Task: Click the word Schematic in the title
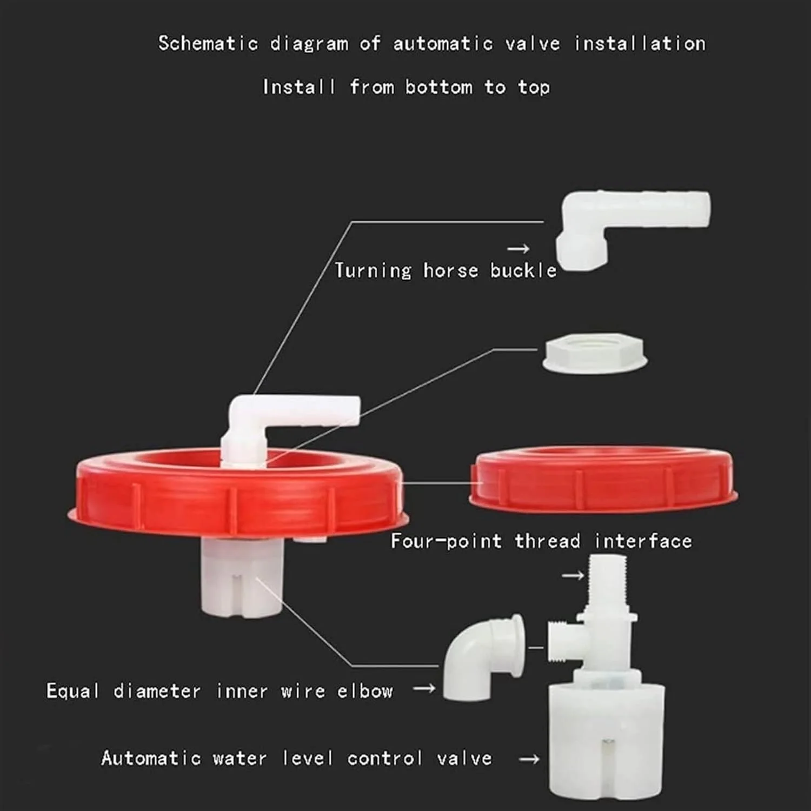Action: (x=208, y=43)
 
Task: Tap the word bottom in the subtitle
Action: (x=439, y=87)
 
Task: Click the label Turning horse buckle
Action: (x=446, y=270)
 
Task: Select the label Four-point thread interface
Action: (x=541, y=541)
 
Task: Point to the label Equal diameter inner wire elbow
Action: (x=220, y=690)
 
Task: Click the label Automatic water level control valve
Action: (x=296, y=758)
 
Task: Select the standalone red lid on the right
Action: (x=603, y=479)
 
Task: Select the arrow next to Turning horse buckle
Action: (x=518, y=249)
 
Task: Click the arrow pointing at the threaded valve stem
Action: (x=573, y=575)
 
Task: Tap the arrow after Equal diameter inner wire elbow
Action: (x=424, y=688)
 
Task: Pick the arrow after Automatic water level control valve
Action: (x=529, y=759)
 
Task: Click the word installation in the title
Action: (x=640, y=43)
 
